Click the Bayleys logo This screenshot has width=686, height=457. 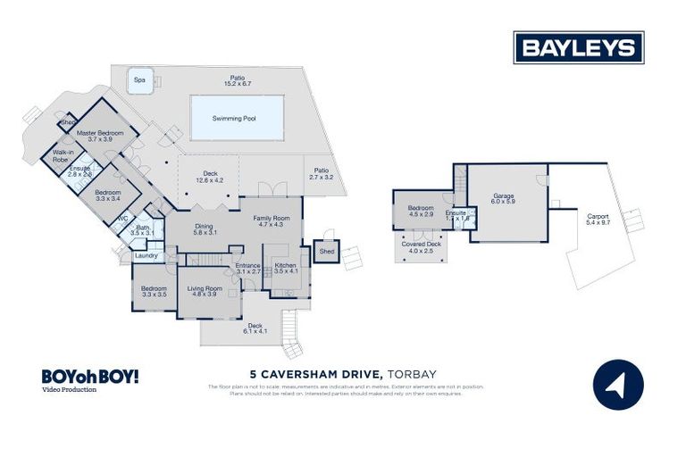(578, 47)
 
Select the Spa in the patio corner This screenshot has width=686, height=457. (139, 79)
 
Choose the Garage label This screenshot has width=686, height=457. (504, 197)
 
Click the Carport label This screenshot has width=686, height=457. (598, 218)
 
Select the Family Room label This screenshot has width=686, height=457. (271, 218)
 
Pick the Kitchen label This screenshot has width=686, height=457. (285, 267)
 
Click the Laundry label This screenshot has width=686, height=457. (146, 255)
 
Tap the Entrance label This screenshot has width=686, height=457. (247, 267)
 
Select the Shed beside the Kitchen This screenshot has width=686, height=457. (326, 252)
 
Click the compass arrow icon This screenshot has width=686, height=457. (618, 384)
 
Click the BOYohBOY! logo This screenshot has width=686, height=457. (89, 377)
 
